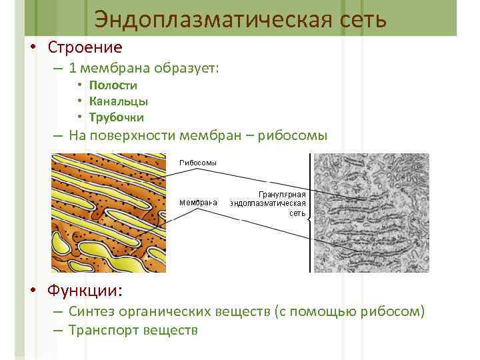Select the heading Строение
click(85, 48)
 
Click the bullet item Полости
click(113, 85)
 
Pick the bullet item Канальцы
click(119, 101)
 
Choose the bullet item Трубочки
click(117, 117)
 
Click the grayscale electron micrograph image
click(371, 212)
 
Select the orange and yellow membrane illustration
click(109, 212)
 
